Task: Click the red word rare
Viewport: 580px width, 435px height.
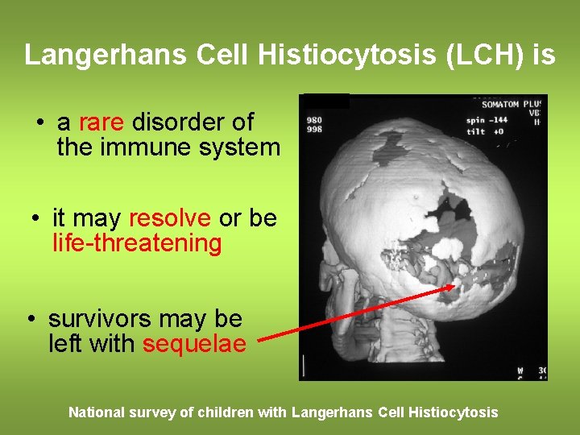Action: click(101, 122)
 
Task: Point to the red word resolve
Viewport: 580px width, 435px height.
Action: click(169, 218)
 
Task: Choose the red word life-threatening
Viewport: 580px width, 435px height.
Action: click(137, 242)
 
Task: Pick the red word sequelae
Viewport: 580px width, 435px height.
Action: click(194, 343)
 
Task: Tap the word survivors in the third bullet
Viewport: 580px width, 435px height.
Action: click(98, 319)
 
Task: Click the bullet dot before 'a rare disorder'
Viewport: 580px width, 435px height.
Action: click(39, 123)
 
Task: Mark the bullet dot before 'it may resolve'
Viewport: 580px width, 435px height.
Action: click(35, 219)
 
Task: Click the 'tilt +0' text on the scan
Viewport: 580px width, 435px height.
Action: click(483, 130)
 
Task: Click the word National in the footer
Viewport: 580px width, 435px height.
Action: click(96, 412)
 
